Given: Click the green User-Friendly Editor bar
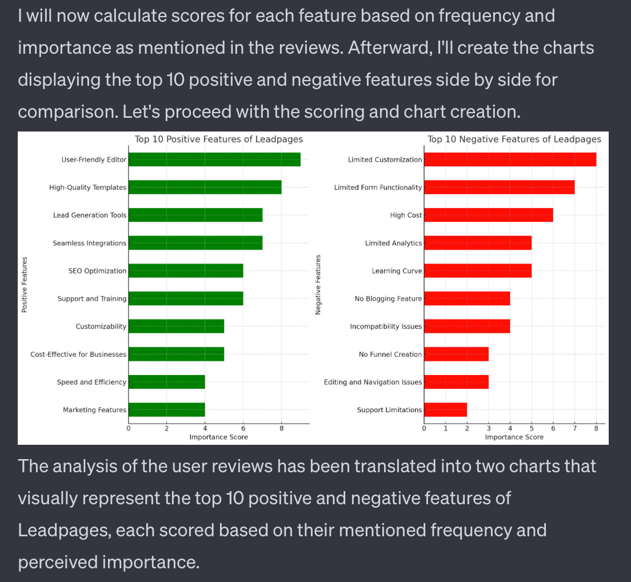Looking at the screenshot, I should pos(214,160).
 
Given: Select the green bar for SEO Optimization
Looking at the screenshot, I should pos(186,271).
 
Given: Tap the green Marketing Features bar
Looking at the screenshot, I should pos(166,410).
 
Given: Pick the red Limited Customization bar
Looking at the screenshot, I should pos(510,160).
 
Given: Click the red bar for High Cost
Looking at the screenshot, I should pos(488,215).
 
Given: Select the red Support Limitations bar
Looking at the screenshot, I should pos(445,410).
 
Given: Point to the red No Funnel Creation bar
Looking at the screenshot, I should pos(456,354).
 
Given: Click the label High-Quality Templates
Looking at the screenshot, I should pos(87,188).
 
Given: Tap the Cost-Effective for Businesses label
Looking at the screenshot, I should pos(78,354).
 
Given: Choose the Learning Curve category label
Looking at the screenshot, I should pos(397,271).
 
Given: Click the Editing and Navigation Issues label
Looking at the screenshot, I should pos(373,382).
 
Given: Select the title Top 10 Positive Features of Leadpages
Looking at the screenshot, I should pos(219,139).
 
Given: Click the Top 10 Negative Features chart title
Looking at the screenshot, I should pos(514,139).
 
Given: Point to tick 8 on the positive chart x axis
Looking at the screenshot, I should pos(281,429).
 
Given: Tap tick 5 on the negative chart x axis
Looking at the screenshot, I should pos(532,429).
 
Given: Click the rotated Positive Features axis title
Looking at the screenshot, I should pos(25,284).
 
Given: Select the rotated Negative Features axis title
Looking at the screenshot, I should pos(318,284).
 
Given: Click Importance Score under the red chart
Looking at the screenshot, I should pos(514,437).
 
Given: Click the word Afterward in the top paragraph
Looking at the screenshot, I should pos(380,48).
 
